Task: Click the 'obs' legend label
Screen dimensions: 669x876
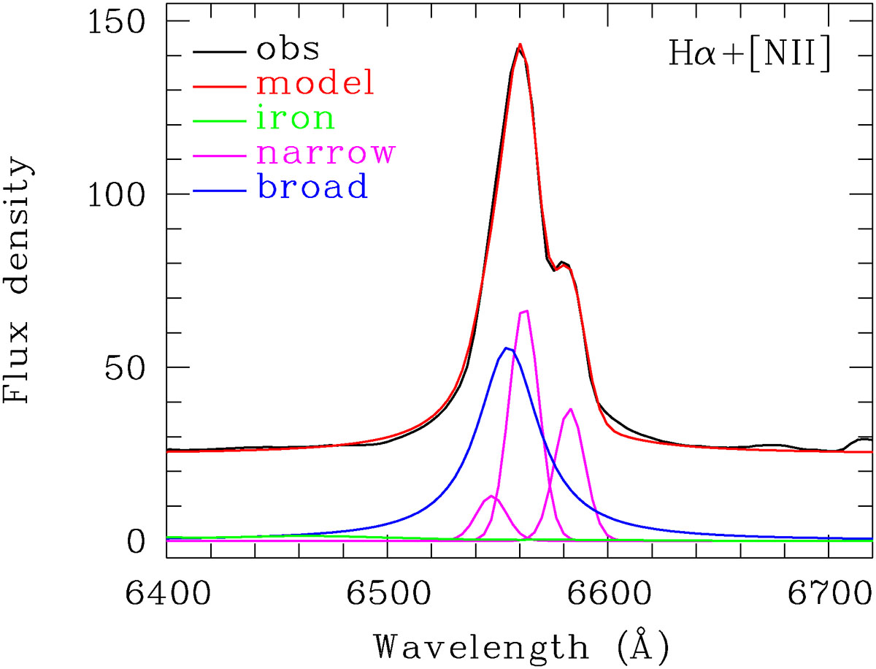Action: point(288,50)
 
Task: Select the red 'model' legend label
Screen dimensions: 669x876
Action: point(315,84)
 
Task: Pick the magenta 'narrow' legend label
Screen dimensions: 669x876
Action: point(326,153)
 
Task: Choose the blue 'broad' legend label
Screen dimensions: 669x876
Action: point(311,188)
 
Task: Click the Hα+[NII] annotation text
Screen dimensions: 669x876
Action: point(748,56)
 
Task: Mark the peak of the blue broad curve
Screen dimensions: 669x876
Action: point(507,348)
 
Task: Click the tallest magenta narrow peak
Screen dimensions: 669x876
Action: point(523,311)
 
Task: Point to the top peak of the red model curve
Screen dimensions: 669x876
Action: point(520,45)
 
